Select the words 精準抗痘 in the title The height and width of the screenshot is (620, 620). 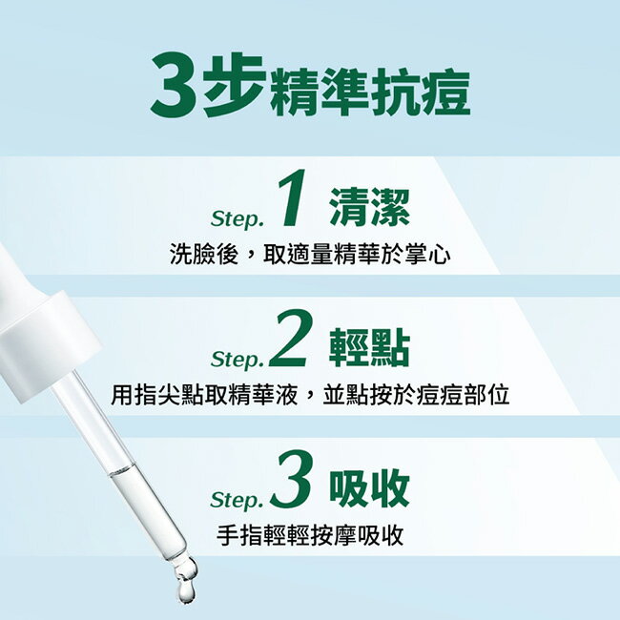(x=369, y=93)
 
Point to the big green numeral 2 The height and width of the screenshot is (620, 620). (x=289, y=344)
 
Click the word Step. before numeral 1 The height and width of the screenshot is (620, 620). (x=235, y=219)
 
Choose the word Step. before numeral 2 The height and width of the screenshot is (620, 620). (x=237, y=360)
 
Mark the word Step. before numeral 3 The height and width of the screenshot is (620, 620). (x=237, y=499)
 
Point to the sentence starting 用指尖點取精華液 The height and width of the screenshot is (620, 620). (x=310, y=395)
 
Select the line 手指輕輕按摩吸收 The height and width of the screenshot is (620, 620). (x=310, y=535)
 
